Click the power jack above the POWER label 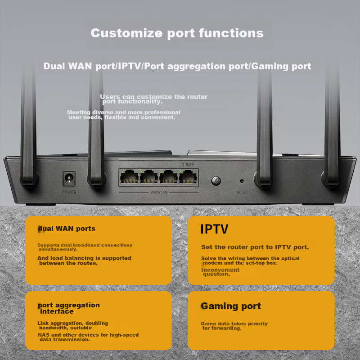[68, 180]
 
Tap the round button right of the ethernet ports [216, 181]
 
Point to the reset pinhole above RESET [242, 181]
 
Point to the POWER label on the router [69, 192]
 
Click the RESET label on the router [242, 192]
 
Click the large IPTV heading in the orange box [214, 229]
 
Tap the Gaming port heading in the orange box [230, 306]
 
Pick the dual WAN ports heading [67, 229]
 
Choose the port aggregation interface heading [69, 308]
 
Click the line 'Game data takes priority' [234, 324]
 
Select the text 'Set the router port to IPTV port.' [255, 247]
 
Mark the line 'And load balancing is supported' [84, 258]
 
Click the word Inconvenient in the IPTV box [220, 270]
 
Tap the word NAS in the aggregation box [43, 335]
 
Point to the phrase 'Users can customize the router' [154, 97]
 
